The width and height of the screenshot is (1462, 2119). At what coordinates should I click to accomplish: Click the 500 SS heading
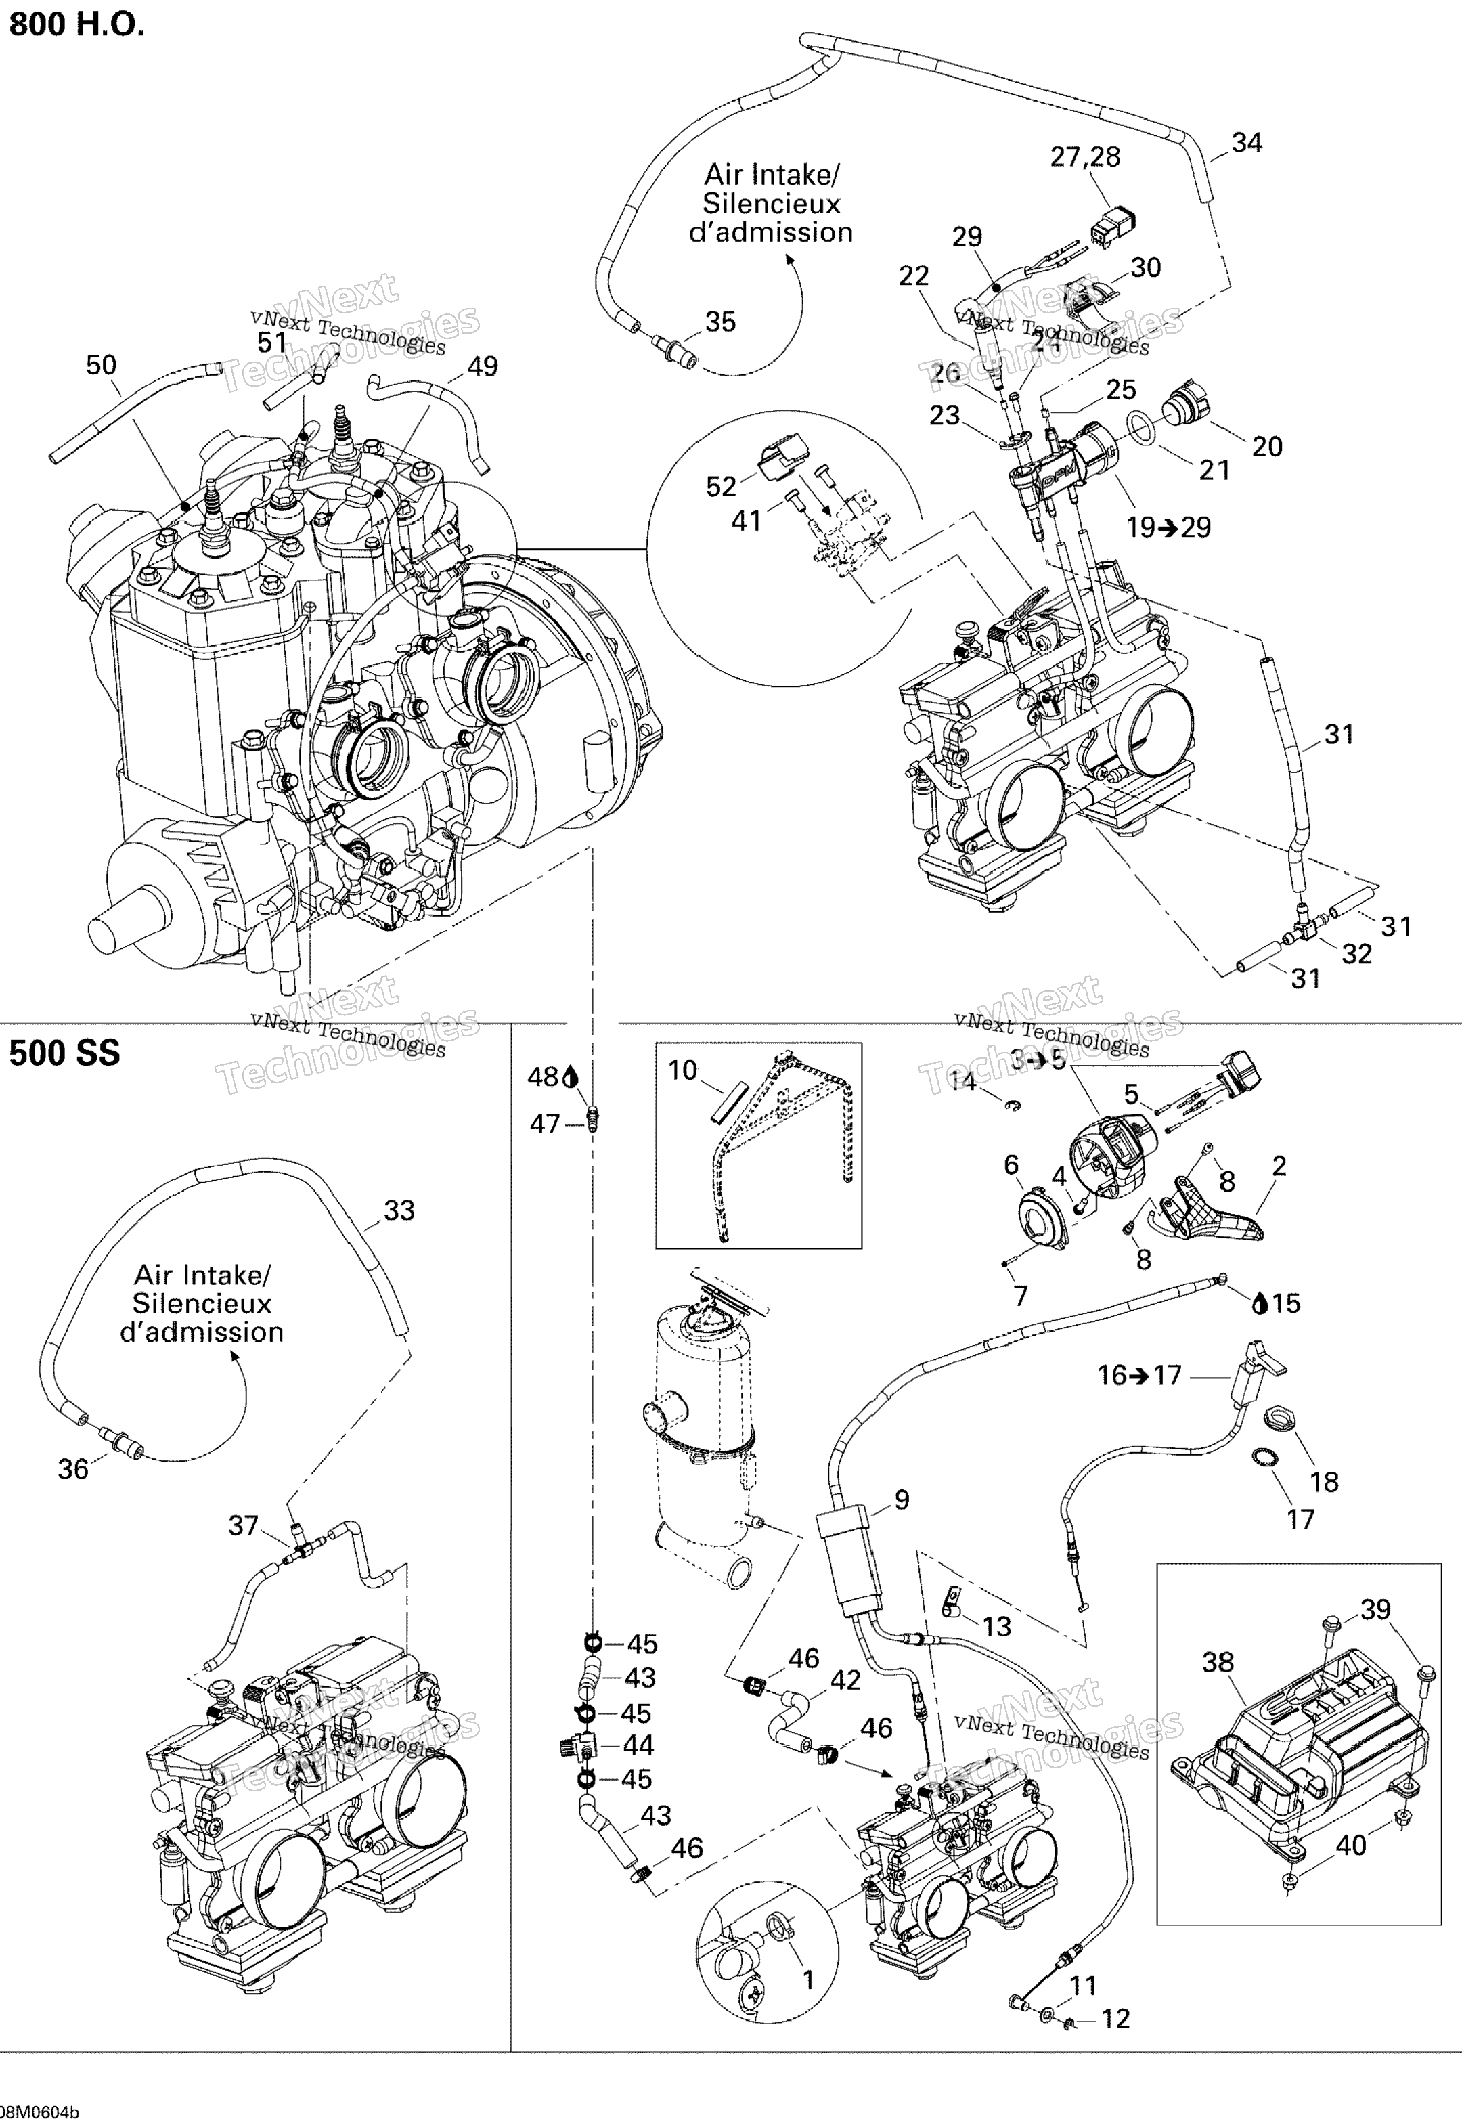(x=64, y=1053)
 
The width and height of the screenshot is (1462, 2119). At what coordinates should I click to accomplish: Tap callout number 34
(x=1246, y=143)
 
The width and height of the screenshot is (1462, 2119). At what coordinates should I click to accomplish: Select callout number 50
(x=101, y=366)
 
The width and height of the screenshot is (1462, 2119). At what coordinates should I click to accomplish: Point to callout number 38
(x=1218, y=1662)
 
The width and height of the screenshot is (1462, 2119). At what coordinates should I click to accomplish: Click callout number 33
(x=399, y=1210)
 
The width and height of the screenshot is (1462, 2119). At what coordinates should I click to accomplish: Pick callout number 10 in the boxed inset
(x=682, y=1070)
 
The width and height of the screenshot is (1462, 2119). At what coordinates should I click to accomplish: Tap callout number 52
(x=721, y=487)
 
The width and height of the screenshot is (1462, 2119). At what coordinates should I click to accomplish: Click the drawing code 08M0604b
(x=41, y=2108)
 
